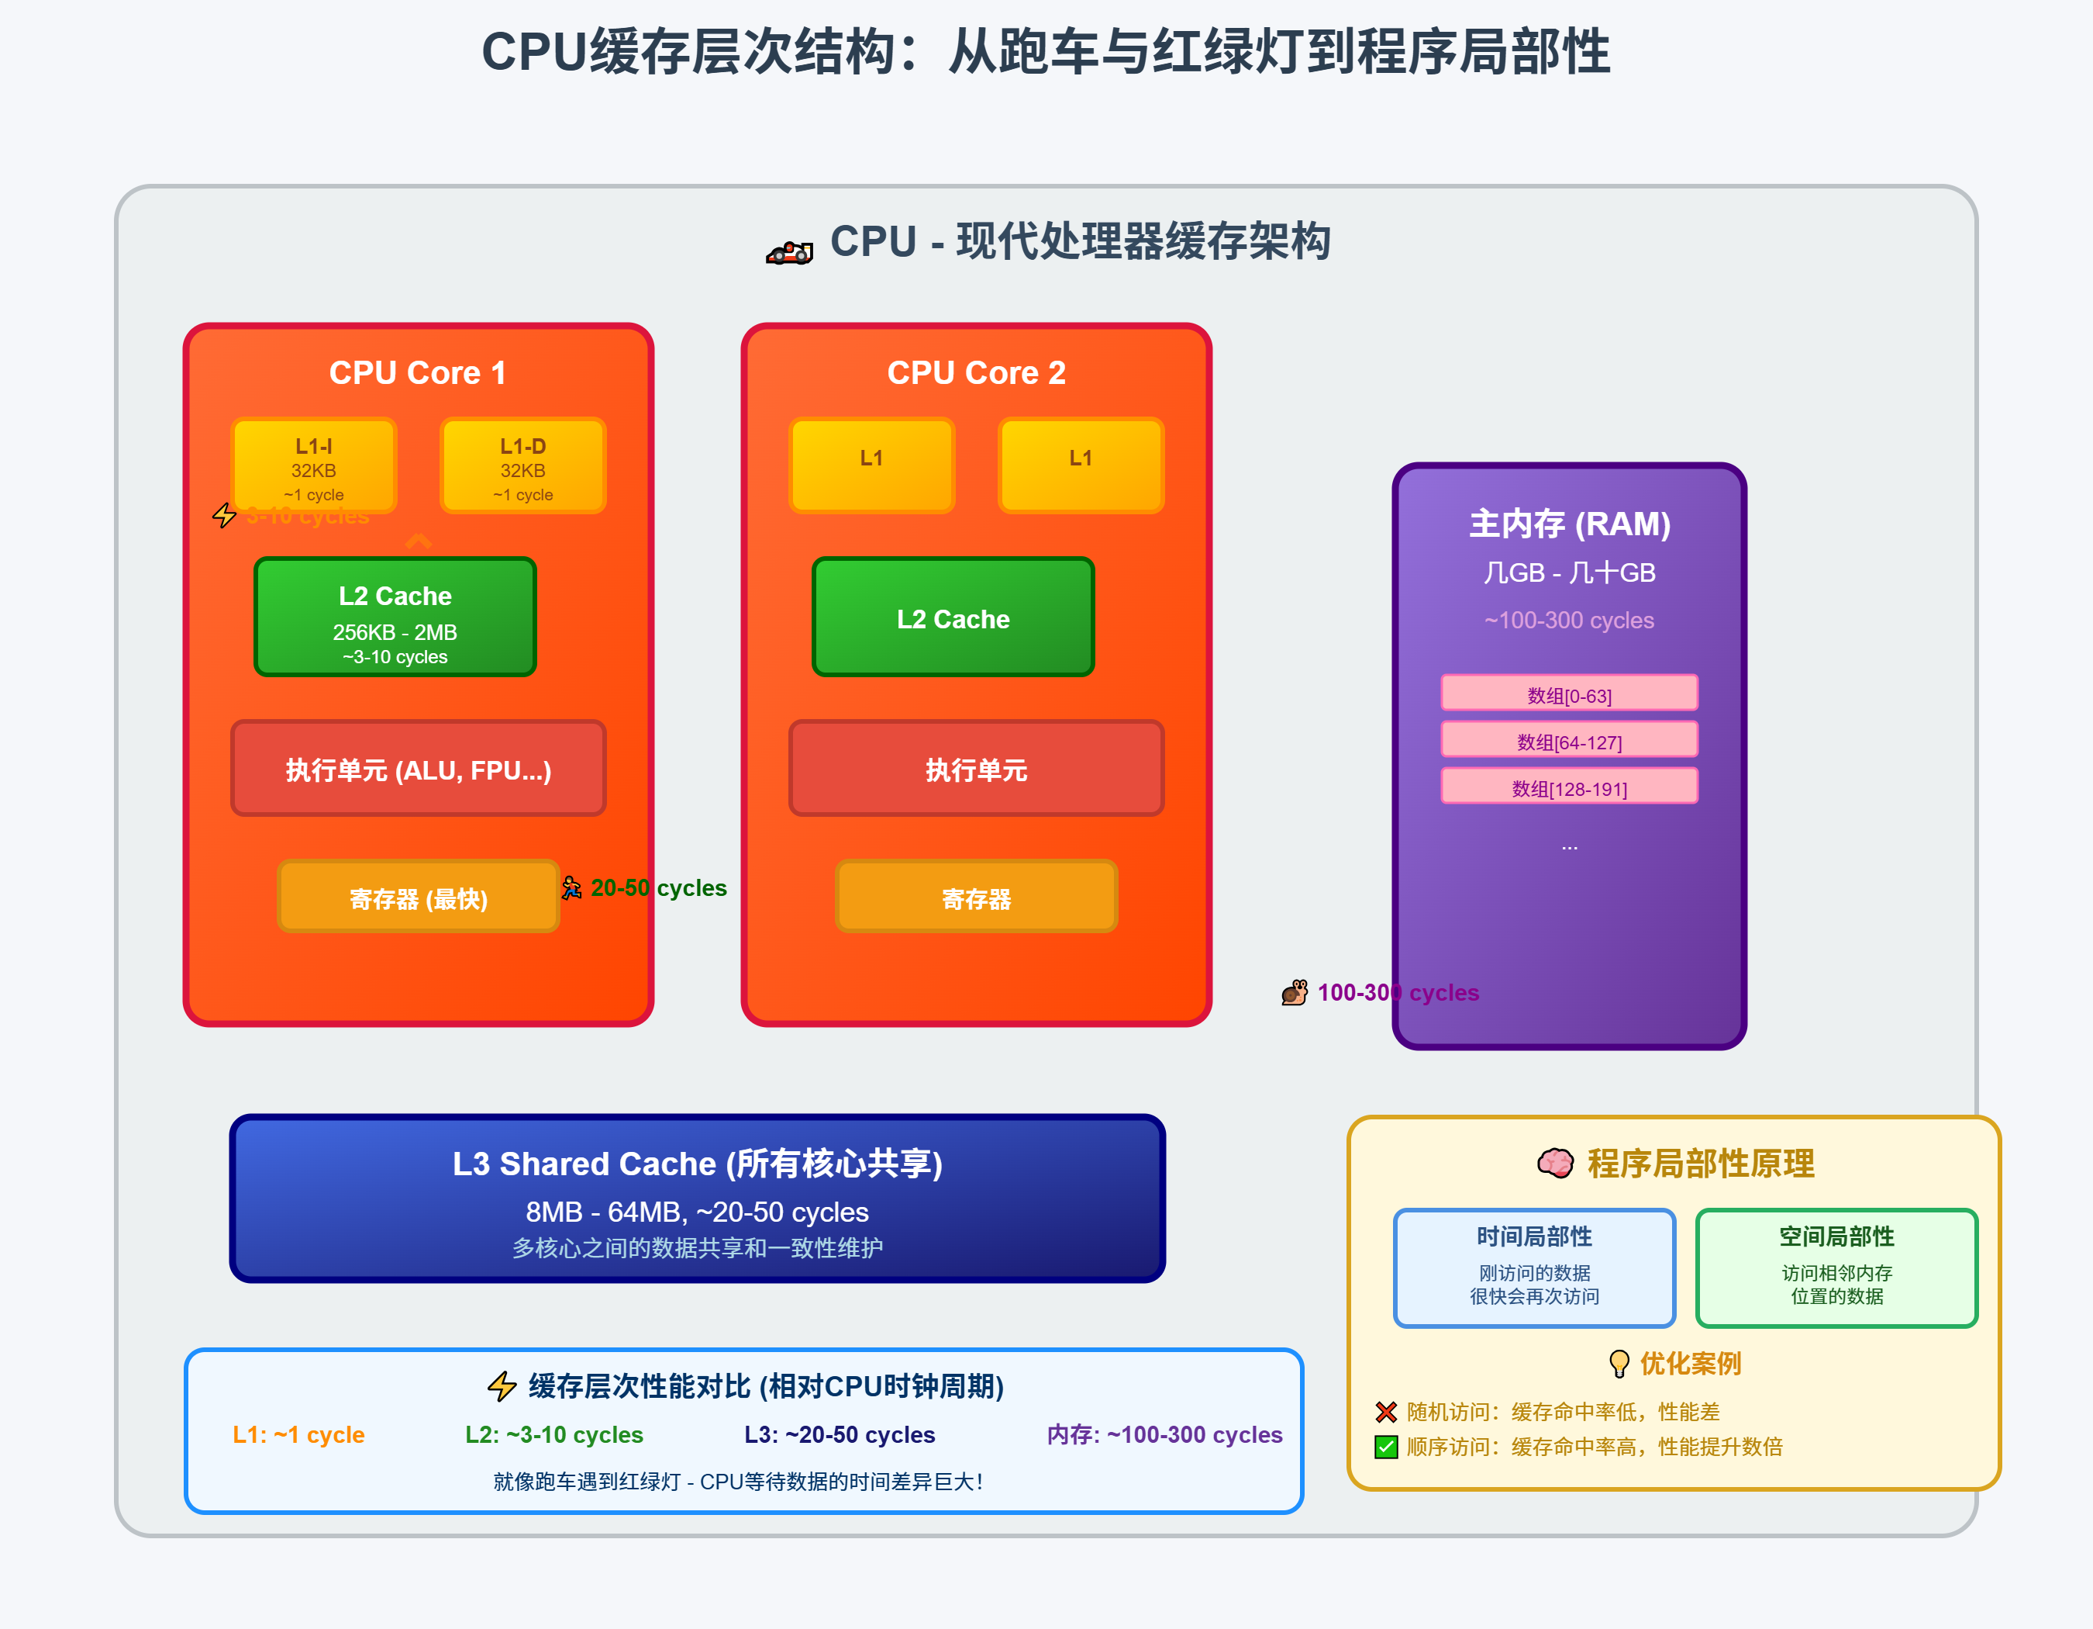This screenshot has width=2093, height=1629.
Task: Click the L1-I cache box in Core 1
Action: click(313, 466)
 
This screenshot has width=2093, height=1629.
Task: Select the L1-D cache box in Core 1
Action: click(522, 466)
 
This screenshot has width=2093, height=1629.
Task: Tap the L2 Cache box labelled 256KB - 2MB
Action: click(395, 617)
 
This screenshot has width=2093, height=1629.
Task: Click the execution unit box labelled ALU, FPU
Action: click(418, 769)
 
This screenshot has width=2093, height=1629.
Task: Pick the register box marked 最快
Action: click(418, 898)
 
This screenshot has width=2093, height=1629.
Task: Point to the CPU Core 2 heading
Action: click(976, 373)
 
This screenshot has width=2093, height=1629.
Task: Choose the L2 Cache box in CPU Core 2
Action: click(953, 617)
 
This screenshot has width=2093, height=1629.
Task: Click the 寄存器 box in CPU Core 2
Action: click(976, 898)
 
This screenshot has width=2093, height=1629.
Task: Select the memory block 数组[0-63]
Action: click(1569, 694)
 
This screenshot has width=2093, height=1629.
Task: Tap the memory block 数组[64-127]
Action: click(1569, 740)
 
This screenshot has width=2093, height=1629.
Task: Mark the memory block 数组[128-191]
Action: click(1569, 787)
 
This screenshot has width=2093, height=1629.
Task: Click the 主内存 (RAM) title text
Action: click(1569, 524)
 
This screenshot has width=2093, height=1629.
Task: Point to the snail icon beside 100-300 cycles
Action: click(1295, 992)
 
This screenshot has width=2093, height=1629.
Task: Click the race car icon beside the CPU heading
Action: click(788, 252)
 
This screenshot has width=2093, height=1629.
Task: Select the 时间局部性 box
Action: click(1533, 1268)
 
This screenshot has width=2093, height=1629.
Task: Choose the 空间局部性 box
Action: click(1836, 1268)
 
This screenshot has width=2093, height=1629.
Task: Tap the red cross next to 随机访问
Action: click(1386, 1411)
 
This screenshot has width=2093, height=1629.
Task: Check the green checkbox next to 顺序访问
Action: click(1386, 1447)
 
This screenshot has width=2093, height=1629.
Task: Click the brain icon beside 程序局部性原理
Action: click(1554, 1163)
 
